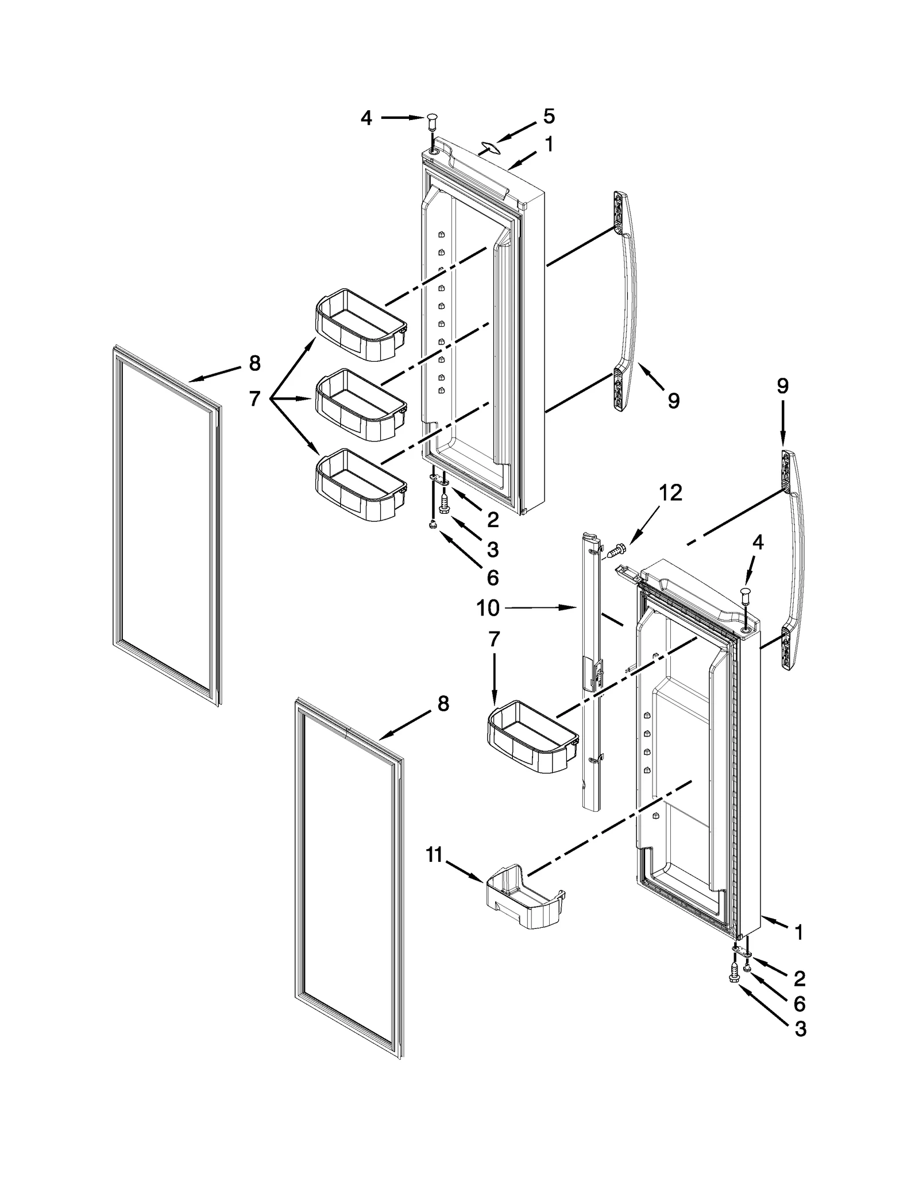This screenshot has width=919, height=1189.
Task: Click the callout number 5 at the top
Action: (549, 117)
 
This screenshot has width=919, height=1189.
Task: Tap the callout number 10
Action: (488, 608)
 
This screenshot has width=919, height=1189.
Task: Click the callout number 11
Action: (435, 871)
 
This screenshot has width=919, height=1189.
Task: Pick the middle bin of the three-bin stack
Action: (361, 405)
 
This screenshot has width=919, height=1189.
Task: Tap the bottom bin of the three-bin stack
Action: (361, 485)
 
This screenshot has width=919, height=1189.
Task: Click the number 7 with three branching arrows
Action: (255, 398)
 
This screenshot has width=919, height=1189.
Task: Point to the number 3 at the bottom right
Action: (800, 1029)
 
